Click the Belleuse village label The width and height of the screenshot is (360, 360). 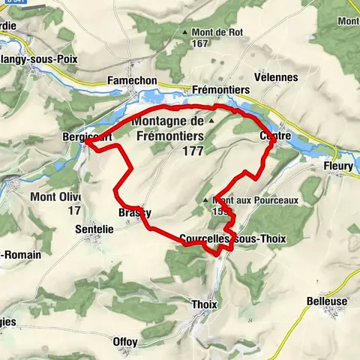pos(327,300)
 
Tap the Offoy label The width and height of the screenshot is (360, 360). pos(125,342)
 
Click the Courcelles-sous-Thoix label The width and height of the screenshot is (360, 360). pos(233,238)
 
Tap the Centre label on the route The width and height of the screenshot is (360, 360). pos(274,136)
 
